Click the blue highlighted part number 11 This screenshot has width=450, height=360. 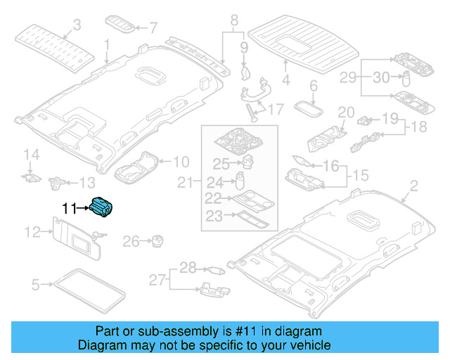(x=102, y=207)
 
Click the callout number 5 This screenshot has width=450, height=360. (x=35, y=285)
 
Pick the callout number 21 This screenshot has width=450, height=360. (x=185, y=183)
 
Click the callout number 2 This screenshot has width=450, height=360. (x=413, y=186)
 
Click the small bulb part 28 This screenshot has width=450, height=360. (x=216, y=269)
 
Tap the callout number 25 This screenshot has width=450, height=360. (x=221, y=165)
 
